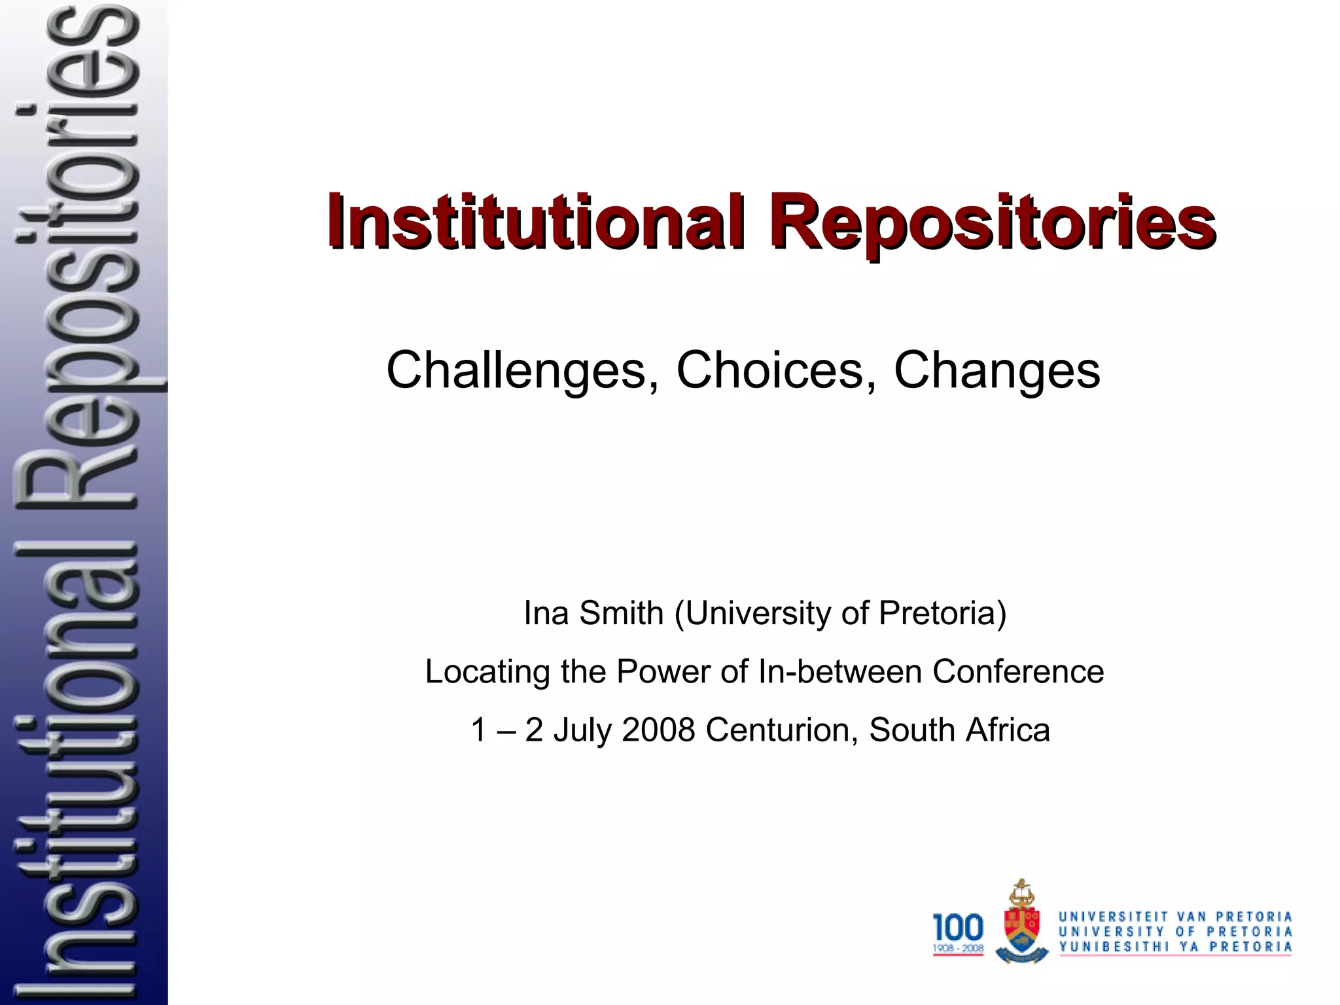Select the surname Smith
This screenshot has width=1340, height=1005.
[621, 614]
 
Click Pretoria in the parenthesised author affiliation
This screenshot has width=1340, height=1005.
[942, 614]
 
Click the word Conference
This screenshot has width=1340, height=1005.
[1018, 672]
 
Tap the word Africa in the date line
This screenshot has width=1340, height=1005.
[1008, 730]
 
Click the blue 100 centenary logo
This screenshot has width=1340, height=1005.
[958, 928]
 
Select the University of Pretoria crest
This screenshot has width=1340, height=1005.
[1021, 923]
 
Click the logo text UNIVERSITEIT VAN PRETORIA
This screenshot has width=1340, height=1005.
[1175, 917]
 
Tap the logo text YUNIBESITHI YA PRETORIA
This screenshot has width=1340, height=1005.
[1175, 947]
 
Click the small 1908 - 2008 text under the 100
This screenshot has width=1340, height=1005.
[958, 948]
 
